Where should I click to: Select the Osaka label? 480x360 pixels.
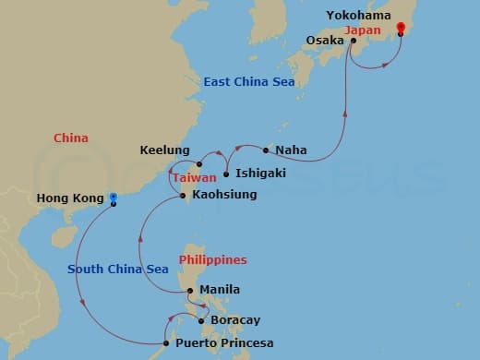coord(324,40)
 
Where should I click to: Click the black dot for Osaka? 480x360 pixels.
coord(354,41)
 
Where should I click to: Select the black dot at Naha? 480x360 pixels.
coord(267,150)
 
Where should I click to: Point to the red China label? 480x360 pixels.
coord(71,138)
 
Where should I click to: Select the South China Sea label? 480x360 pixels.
coord(118,269)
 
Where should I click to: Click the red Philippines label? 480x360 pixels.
coord(219,260)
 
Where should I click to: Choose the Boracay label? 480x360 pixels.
coord(235,319)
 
